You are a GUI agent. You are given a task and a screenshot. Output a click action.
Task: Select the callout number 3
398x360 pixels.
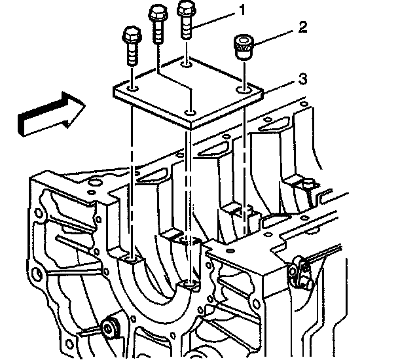(302, 79)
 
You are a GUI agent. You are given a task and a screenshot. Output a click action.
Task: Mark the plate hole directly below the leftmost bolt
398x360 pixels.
(132, 87)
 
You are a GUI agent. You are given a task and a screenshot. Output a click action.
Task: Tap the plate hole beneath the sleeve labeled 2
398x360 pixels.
(245, 86)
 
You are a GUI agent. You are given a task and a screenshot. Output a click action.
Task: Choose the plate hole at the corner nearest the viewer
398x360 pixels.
(190, 114)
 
